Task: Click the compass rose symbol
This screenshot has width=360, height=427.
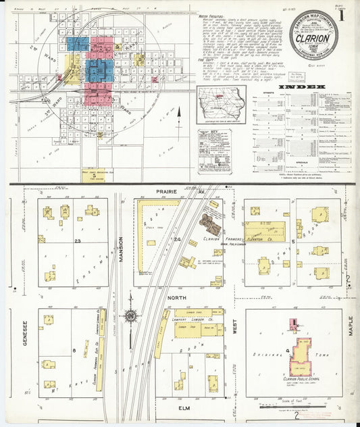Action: pos(130,316)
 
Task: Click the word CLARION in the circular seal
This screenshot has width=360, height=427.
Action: pos(315,39)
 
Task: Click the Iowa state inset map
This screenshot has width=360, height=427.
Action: pos(221,106)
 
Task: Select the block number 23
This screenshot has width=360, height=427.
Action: pos(79,241)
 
